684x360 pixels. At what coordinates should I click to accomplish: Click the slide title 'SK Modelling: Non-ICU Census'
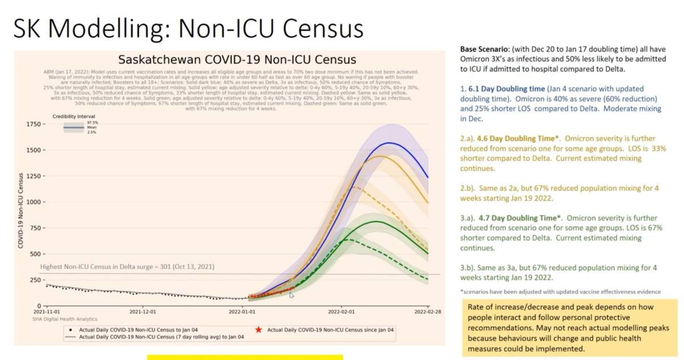click(188, 27)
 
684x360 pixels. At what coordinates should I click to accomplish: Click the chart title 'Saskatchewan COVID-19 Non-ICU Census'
click(237, 60)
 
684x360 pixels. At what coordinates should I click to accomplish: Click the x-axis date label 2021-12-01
click(142, 312)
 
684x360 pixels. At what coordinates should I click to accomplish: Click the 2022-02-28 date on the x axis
click(428, 312)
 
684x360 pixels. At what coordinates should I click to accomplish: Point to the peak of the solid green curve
click(376, 221)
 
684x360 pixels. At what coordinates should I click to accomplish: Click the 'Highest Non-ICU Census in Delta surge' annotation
click(127, 267)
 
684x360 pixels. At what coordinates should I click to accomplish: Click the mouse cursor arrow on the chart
click(291, 294)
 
